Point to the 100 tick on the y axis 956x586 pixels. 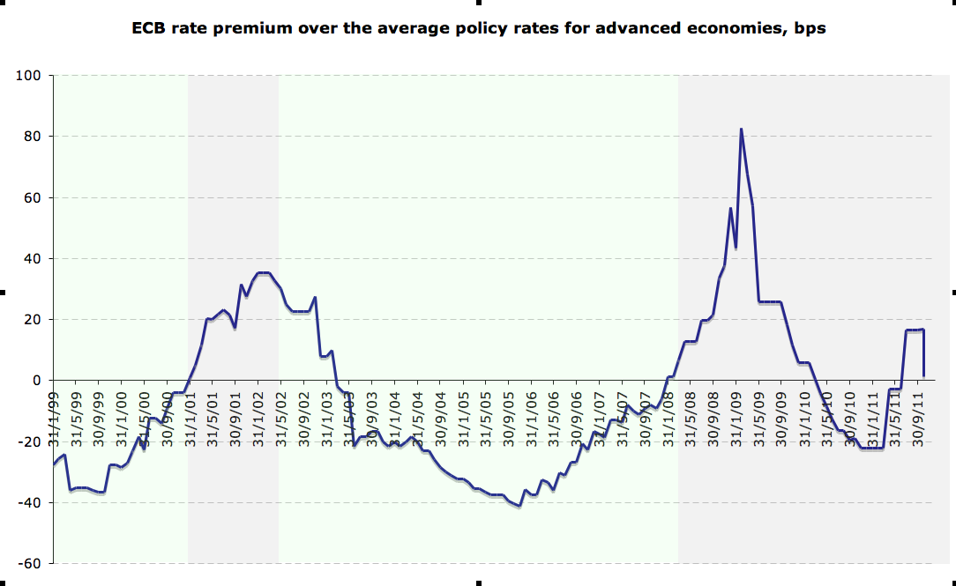[x=31, y=76]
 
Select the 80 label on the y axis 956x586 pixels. [x=34, y=137]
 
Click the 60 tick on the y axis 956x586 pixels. [x=34, y=197]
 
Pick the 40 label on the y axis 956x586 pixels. [x=34, y=258]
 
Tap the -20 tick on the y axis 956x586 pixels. [x=32, y=441]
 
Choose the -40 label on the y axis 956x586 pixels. [x=32, y=502]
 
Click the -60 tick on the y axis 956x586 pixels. [x=32, y=562]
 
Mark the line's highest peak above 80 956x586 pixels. [x=741, y=130]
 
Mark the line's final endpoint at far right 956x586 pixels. [x=922, y=376]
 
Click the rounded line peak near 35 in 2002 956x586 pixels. [x=263, y=273]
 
